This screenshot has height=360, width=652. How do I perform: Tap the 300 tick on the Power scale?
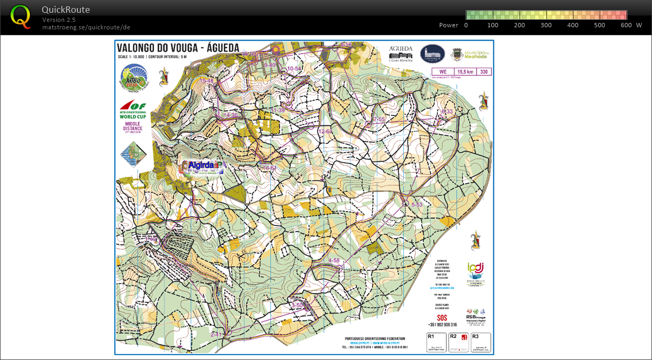(x=546, y=25)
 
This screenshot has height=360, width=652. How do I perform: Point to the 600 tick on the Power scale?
(x=626, y=25)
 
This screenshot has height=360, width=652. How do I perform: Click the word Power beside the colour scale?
(x=449, y=25)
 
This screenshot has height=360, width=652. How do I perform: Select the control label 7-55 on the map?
(x=379, y=119)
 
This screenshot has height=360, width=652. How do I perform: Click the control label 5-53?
(x=417, y=205)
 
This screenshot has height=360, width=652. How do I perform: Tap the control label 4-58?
(x=334, y=260)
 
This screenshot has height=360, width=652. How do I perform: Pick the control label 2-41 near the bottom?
(x=216, y=334)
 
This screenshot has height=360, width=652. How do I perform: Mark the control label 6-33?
(x=447, y=111)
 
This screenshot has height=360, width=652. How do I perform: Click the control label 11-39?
(x=278, y=110)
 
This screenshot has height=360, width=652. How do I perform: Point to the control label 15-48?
(x=207, y=81)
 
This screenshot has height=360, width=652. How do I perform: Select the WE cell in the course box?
(x=442, y=72)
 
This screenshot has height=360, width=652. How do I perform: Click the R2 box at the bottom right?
(x=459, y=342)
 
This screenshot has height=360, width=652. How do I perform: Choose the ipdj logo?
(x=475, y=268)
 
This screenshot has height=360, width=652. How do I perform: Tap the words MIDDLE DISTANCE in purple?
(x=131, y=126)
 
